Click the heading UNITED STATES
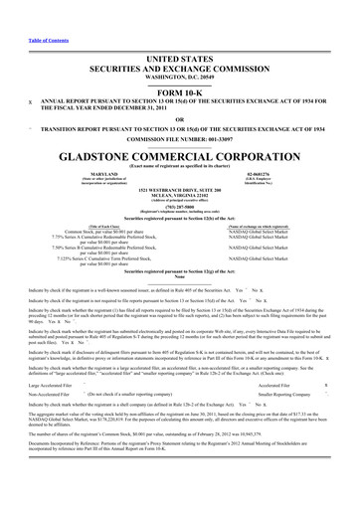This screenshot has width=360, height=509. [180, 32]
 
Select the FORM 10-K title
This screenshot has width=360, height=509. [180, 65]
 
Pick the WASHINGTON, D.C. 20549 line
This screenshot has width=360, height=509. [180, 48]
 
